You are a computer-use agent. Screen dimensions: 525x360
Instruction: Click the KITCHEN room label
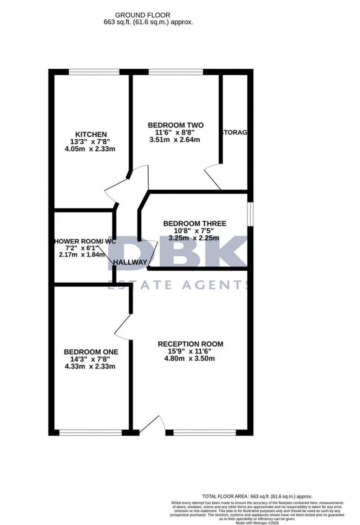91,134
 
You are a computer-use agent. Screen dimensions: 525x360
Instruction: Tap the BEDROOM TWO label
175,125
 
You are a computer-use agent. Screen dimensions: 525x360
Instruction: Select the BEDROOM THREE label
195,223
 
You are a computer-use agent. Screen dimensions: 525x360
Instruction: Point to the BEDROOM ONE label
91,352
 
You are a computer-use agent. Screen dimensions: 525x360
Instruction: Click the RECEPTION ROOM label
190,344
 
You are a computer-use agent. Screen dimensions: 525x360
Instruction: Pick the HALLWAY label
130,262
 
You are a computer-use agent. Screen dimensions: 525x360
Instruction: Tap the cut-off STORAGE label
234,133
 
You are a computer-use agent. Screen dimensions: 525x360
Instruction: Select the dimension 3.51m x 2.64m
175,140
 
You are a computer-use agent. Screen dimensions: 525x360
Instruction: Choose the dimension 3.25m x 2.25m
194,238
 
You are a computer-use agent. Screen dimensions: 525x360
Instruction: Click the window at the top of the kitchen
94,72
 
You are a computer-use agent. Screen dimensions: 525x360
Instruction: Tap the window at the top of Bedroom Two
176,72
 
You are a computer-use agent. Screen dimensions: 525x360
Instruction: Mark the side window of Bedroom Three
250,214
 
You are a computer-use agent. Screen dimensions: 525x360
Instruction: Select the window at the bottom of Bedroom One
91,432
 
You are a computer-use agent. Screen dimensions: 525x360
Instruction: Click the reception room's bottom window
205,432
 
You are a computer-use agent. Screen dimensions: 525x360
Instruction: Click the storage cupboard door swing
213,178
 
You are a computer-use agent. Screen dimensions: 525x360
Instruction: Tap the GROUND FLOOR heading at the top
143,15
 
